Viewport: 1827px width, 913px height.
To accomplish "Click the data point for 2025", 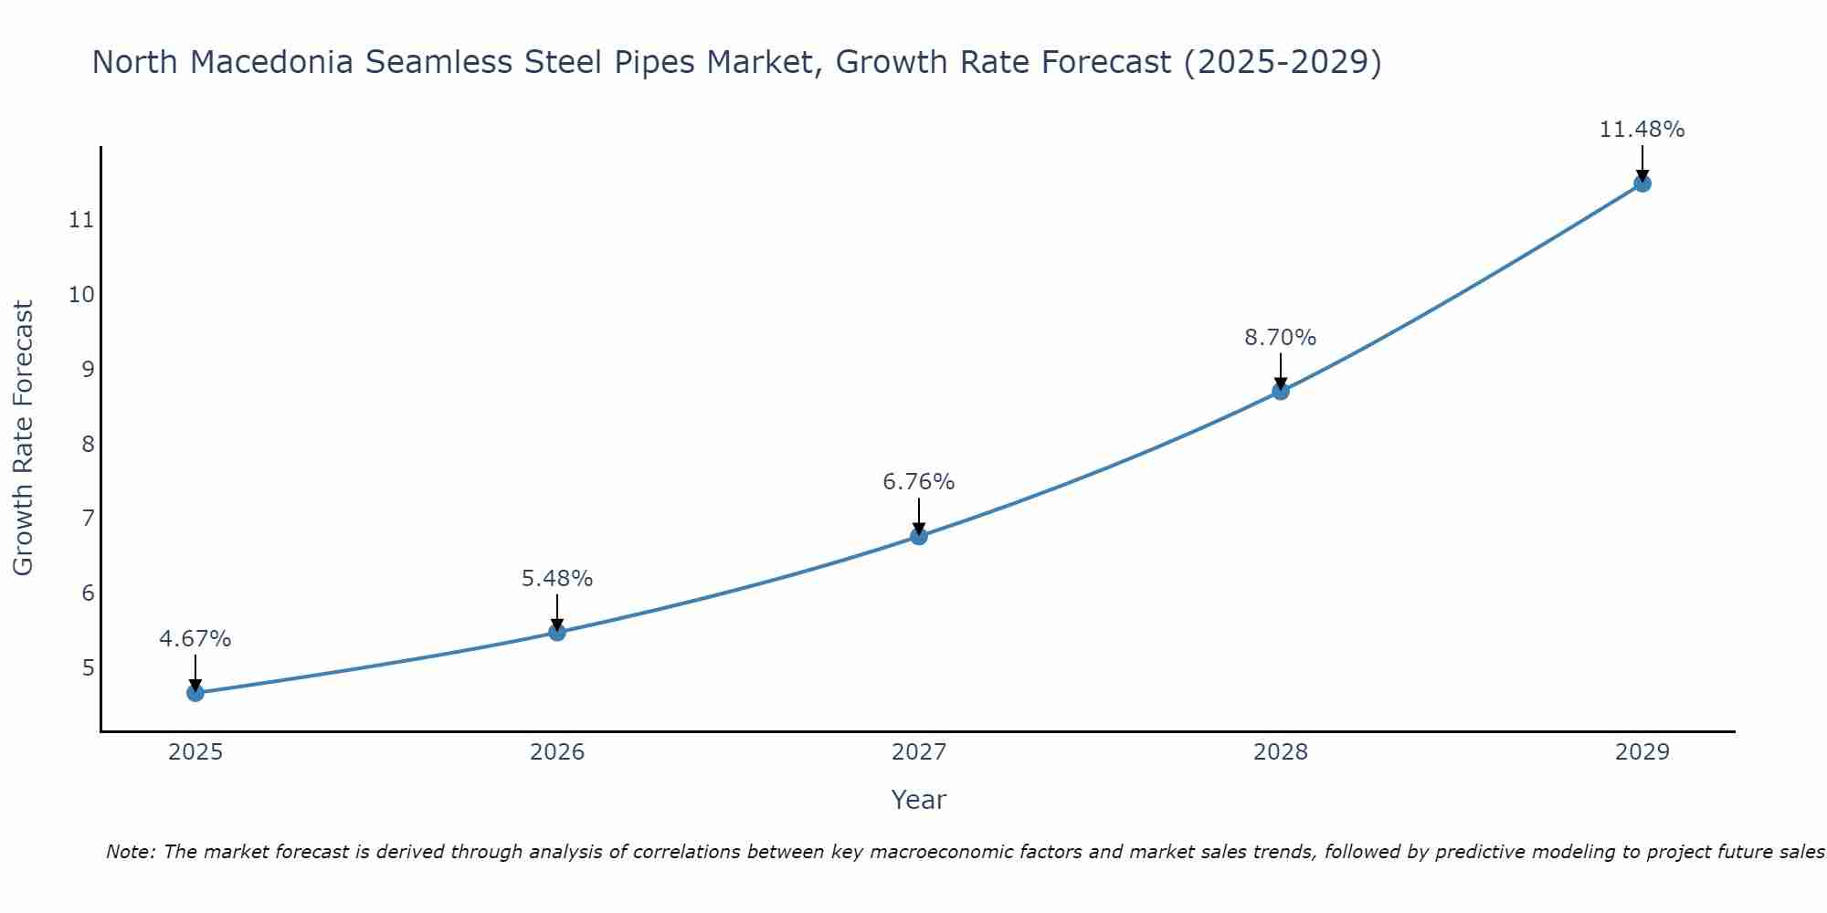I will tap(195, 693).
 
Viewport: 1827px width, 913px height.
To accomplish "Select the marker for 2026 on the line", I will tap(557, 632).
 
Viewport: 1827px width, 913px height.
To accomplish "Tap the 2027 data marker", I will tap(919, 536).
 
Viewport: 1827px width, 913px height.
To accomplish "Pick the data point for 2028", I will tap(1281, 392).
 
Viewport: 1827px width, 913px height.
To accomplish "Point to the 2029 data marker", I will tap(1642, 184).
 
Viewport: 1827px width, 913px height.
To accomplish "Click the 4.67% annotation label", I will tap(195, 639).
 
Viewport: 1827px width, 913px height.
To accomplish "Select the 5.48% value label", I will tap(557, 579).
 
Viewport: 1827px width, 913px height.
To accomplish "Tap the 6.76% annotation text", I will tap(919, 482).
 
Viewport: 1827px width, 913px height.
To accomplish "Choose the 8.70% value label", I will tap(1281, 338).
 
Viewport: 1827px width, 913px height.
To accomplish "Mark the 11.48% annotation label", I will tap(1642, 130).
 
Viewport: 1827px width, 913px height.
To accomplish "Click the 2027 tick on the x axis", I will tap(919, 752).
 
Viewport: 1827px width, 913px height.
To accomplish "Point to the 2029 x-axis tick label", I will tap(1642, 752).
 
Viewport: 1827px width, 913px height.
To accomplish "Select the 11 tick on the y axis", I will tap(81, 220).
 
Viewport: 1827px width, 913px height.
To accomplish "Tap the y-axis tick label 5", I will tap(88, 667).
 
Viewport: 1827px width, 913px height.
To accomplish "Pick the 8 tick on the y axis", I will tap(88, 444).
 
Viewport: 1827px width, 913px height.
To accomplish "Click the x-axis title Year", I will tap(919, 800).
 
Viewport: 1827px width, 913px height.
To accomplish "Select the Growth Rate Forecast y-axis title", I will tap(24, 438).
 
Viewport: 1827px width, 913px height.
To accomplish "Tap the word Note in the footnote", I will tap(131, 853).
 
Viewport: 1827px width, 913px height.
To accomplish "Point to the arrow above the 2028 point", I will tap(1281, 371).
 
